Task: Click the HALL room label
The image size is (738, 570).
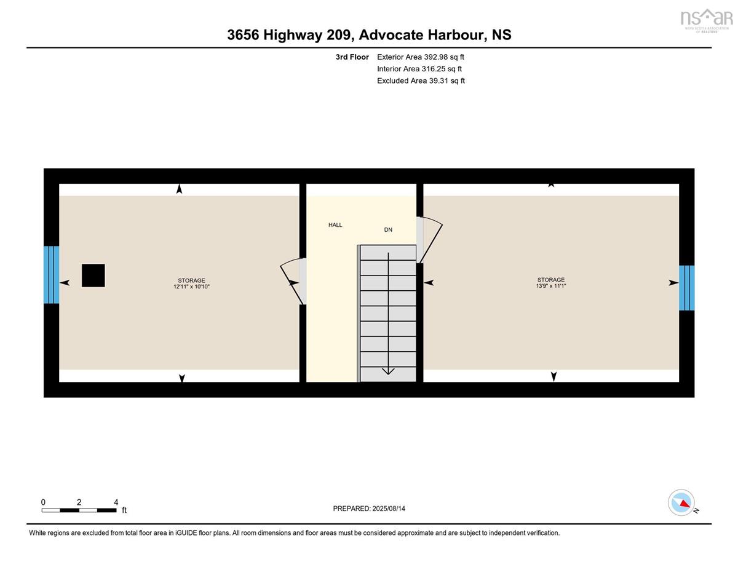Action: [x=335, y=224]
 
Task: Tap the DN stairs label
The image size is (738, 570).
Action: [x=388, y=230]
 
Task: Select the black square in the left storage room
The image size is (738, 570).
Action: [x=93, y=275]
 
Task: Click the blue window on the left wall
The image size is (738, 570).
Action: [x=51, y=275]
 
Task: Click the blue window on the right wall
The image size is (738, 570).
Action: [x=686, y=288]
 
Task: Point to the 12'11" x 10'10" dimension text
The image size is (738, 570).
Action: [x=191, y=287]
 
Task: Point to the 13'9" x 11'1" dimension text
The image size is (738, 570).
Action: [x=551, y=286]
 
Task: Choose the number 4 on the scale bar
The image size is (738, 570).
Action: [x=116, y=502]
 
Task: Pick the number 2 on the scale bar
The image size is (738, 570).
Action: [x=79, y=502]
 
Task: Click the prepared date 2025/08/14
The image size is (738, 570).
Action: [x=389, y=509]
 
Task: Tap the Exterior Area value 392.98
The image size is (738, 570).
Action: [x=436, y=57]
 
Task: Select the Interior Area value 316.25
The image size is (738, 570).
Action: [x=434, y=69]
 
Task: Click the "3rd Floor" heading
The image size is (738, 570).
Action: [x=352, y=57]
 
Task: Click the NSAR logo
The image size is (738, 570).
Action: [x=707, y=20]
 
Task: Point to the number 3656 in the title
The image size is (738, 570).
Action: [x=243, y=35]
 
